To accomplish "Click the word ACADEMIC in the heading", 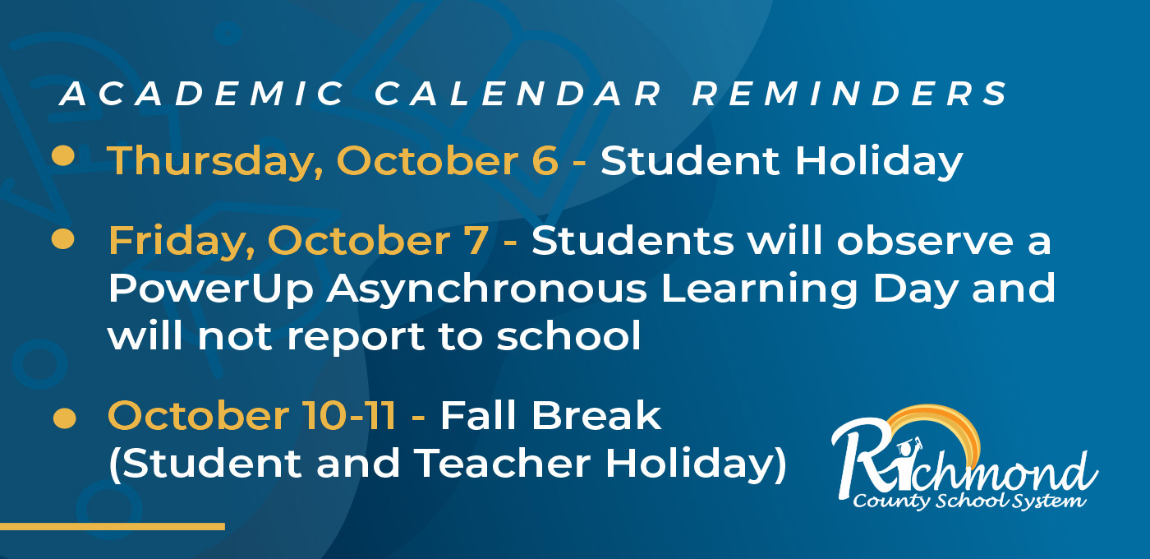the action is (202, 94).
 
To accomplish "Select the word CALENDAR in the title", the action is (517, 94).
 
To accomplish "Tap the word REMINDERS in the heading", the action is (850, 94).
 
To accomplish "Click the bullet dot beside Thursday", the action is (63, 155).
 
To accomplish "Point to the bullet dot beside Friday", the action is (63, 239).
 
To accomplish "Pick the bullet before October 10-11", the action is (65, 418).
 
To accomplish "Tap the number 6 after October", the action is (545, 161).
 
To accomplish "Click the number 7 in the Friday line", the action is (476, 241).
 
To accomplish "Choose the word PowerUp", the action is (210, 289).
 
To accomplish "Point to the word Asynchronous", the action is (486, 289).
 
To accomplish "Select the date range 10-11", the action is (348, 415).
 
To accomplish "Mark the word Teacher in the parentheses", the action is (502, 464).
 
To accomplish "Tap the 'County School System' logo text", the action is (969, 501).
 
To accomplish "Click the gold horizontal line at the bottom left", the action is (113, 526).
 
